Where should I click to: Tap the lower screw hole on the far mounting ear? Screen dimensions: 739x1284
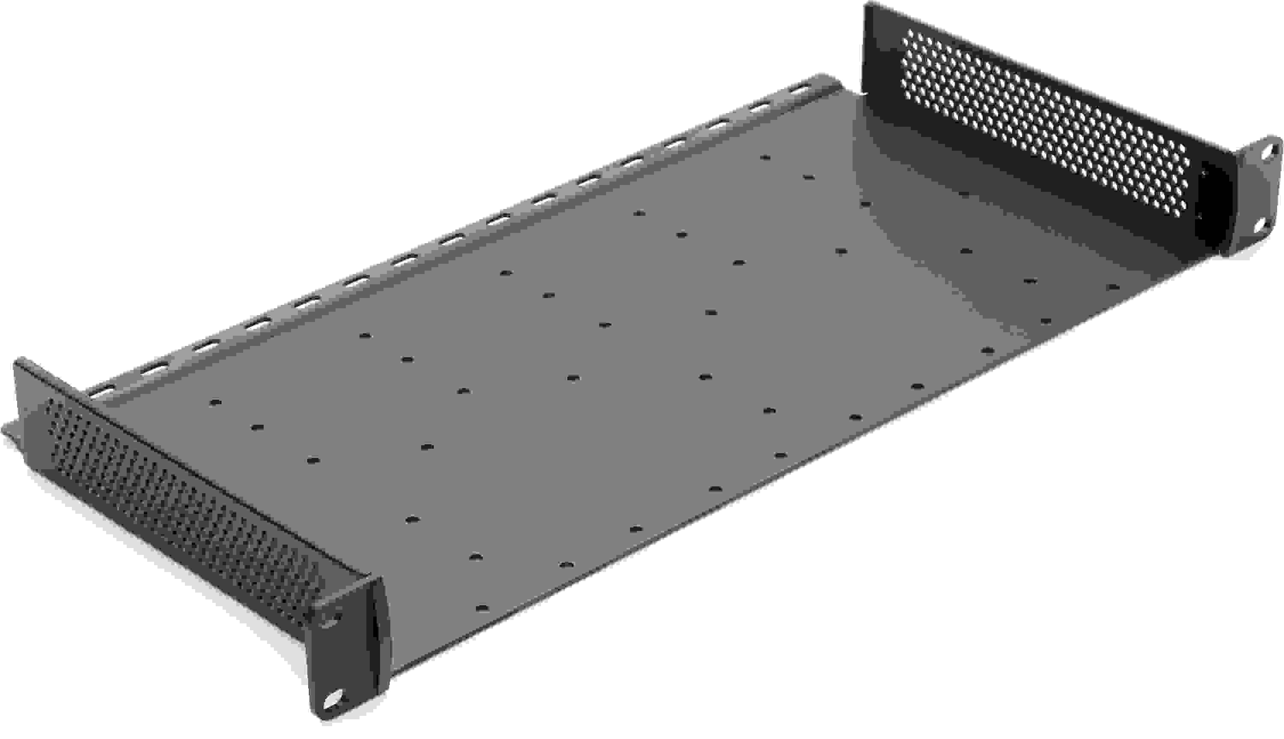coord(1260,227)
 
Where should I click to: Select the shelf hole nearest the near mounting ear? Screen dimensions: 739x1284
coord(482,608)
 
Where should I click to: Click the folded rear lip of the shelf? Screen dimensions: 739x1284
coord(457,244)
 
